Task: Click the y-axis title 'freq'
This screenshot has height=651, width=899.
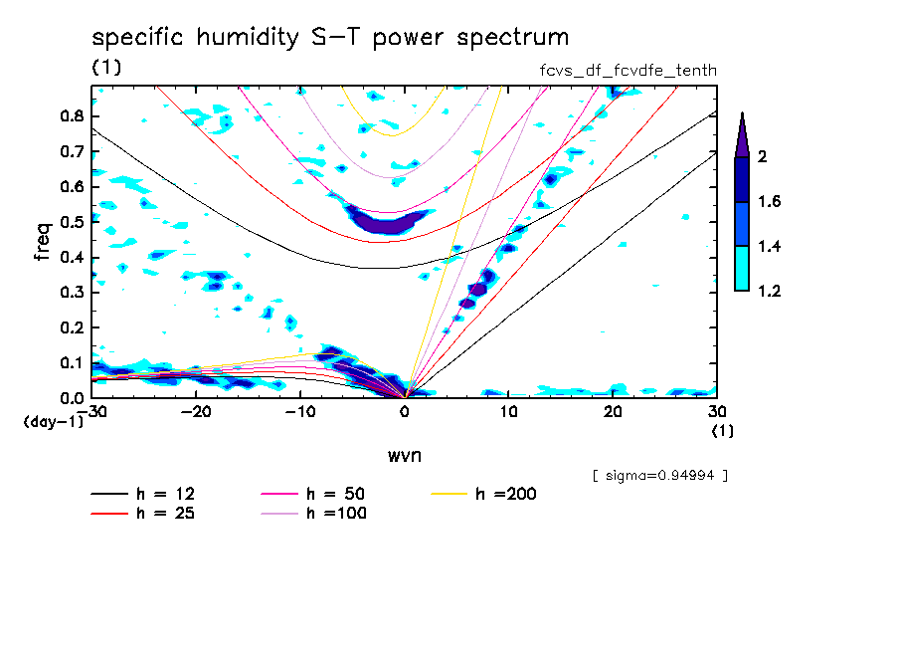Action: pos(43,242)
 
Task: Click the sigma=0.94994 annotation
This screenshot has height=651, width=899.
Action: pos(659,475)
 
